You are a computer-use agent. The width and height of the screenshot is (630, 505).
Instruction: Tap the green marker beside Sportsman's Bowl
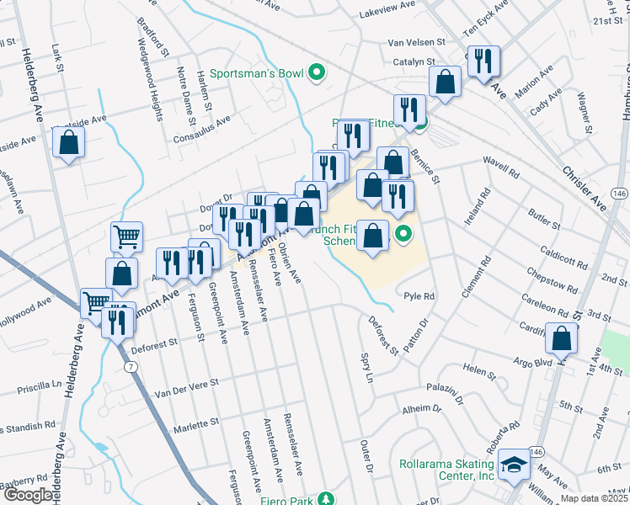click(x=317, y=74)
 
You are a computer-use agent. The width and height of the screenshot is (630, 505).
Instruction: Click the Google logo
click(x=27, y=495)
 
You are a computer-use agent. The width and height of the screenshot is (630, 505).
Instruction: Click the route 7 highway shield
click(x=130, y=367)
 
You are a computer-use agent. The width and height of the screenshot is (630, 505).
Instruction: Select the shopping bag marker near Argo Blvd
click(x=561, y=339)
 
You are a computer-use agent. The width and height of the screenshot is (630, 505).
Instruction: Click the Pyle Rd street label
click(x=419, y=296)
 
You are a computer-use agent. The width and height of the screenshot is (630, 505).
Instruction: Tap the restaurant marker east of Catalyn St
click(x=483, y=61)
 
